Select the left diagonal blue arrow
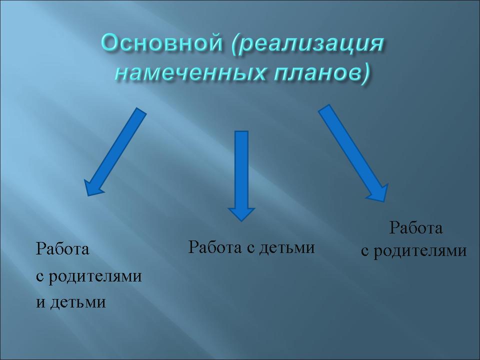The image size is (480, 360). [x=115, y=152]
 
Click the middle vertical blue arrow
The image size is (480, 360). [x=241, y=176]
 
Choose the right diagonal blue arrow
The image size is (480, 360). [x=353, y=153]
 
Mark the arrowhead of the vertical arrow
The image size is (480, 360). [x=241, y=213]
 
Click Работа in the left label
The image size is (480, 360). [x=62, y=248]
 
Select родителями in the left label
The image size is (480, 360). [x=95, y=276]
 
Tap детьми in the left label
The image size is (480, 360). [x=78, y=302]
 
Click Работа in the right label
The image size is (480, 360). [x=415, y=228]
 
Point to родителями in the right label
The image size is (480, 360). [x=420, y=251]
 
